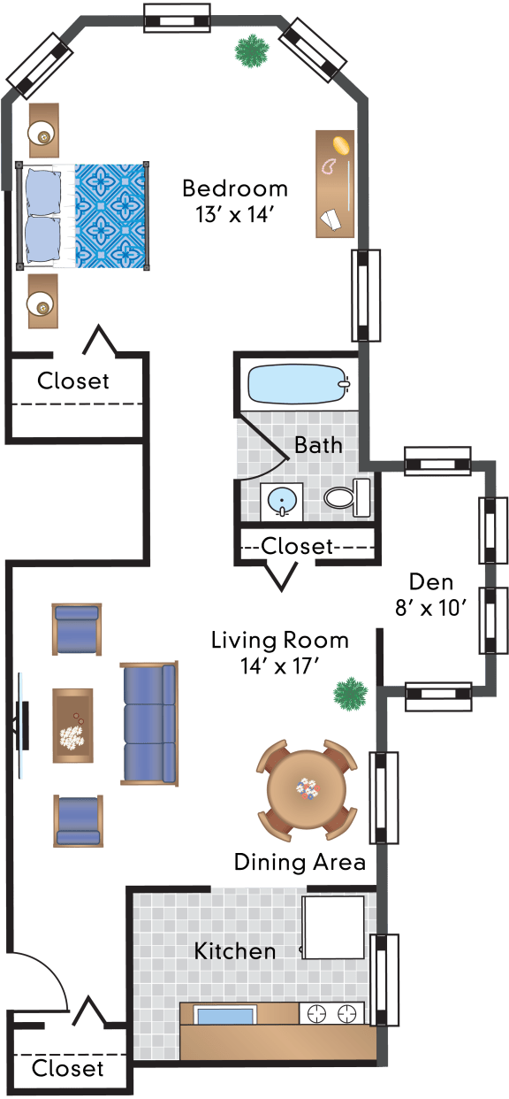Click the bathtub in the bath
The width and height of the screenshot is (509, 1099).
click(299, 384)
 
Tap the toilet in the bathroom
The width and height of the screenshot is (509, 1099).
click(347, 497)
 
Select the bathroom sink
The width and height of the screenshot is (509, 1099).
click(282, 502)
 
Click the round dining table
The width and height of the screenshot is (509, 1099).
click(307, 788)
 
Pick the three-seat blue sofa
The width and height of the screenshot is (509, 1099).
click(149, 724)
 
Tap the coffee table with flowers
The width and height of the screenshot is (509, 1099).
click(73, 726)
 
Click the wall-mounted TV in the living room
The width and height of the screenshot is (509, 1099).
click(21, 726)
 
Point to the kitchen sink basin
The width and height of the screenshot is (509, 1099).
click(226, 1014)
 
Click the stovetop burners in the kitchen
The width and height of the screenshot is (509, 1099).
click(331, 1012)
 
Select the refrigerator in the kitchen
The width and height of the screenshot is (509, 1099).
click(333, 927)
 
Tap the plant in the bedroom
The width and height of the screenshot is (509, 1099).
click(252, 50)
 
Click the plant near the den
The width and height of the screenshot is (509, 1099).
click(350, 694)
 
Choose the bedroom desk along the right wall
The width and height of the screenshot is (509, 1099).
click(335, 184)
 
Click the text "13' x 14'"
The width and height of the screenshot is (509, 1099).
click(234, 215)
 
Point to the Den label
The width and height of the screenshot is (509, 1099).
click(431, 582)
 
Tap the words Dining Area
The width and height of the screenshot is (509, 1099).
click(300, 862)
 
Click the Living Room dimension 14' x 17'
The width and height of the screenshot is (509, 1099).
click(279, 666)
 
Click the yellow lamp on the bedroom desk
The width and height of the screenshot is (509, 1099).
click(342, 146)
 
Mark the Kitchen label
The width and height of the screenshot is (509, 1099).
click(235, 952)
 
